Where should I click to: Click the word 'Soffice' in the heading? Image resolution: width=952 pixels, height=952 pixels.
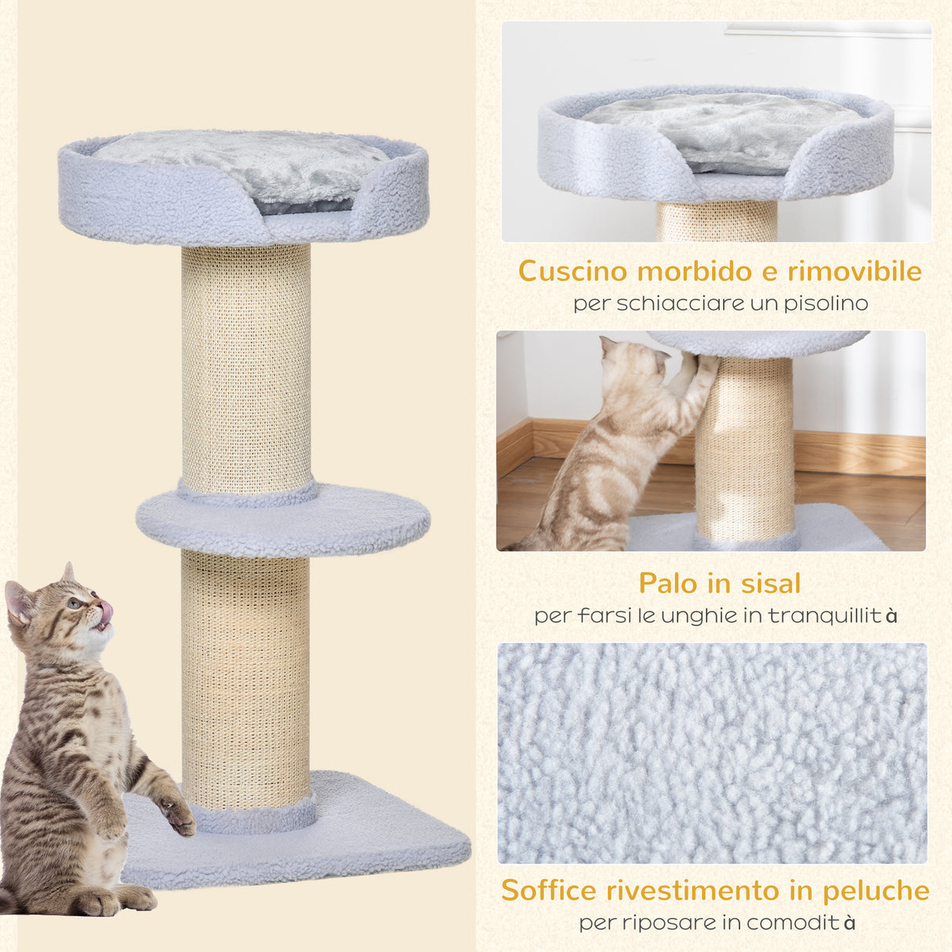point(549,891)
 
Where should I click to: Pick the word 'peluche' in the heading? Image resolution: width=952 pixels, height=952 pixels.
point(876,891)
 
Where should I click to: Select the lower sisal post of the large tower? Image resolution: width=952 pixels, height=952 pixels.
point(245,674)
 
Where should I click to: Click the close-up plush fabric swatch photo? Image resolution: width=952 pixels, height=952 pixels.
point(712,753)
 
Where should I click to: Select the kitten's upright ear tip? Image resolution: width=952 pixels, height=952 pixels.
point(68,568)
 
